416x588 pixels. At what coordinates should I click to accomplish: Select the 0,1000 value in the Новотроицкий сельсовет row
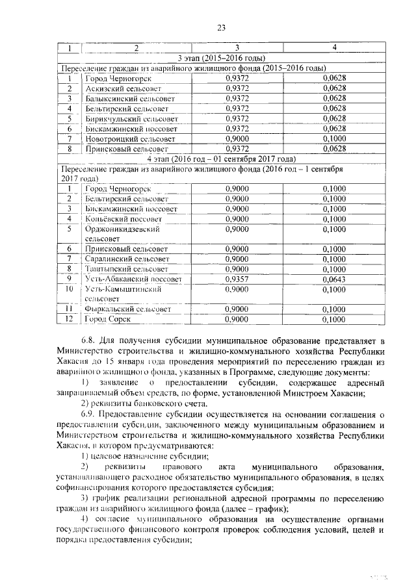[334, 138]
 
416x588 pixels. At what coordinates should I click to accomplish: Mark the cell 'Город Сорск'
[108, 319]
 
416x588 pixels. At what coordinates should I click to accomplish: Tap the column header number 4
[334, 48]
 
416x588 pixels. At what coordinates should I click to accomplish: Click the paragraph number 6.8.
[90, 340]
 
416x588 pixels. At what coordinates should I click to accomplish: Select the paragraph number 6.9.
[90, 413]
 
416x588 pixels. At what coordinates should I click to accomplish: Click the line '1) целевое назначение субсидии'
[140, 456]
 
